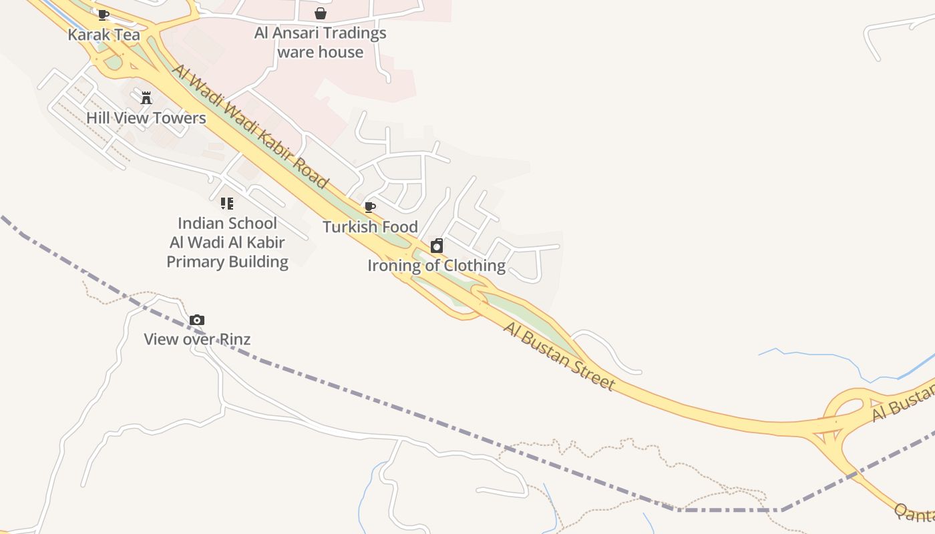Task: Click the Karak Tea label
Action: click(x=104, y=35)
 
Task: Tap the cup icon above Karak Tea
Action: click(x=103, y=15)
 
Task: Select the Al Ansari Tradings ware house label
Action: click(x=320, y=42)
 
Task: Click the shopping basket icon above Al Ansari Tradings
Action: click(x=321, y=13)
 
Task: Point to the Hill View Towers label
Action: click(x=146, y=118)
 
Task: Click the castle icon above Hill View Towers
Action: click(x=146, y=98)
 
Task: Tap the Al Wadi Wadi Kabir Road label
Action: click(x=250, y=126)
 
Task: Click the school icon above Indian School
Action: click(x=227, y=204)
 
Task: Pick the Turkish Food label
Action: click(x=370, y=227)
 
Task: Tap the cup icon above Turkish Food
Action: click(x=370, y=207)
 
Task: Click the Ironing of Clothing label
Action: click(x=436, y=266)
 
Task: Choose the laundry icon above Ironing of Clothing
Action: click(x=437, y=246)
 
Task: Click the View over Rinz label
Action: click(x=197, y=339)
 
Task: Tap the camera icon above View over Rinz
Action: click(x=196, y=320)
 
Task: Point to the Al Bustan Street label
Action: click(x=558, y=356)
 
